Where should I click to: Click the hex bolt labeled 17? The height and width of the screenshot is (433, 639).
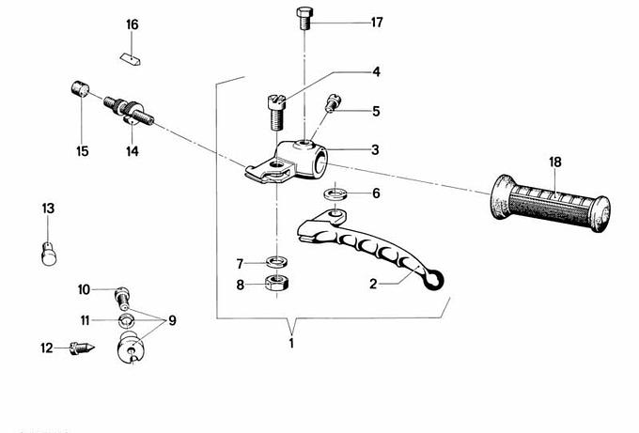304,19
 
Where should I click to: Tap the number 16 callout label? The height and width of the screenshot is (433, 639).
132,24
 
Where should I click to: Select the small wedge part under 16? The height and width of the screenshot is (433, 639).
132,59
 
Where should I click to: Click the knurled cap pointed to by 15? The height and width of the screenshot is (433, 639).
80,89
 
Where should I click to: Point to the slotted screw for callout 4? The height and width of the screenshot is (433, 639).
276,112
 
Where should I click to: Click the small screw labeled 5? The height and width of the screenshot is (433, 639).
333,102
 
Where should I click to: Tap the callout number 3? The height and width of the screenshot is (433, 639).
375,150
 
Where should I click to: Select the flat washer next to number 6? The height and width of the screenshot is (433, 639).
335,193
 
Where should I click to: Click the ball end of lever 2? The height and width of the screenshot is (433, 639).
434,280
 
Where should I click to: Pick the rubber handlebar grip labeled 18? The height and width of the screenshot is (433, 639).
550,203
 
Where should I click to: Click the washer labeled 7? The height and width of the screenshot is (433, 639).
276,261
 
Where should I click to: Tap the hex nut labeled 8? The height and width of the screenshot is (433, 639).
276,283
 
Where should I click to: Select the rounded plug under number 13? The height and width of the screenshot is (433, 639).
49,254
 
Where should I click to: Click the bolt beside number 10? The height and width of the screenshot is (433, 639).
122,298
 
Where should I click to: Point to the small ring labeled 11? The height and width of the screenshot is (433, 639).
126,320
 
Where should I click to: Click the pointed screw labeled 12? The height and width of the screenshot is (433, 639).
82,348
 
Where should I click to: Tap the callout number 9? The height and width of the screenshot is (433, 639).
172,320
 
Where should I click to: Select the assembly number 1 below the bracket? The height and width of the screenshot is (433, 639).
291,344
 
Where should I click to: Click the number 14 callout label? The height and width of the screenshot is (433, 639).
132,151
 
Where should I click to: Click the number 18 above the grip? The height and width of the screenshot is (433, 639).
555,162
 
